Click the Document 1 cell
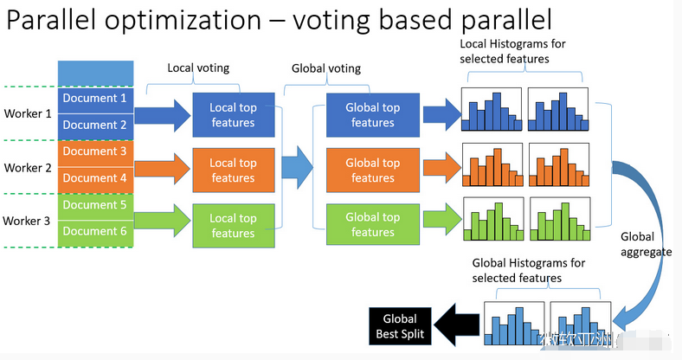tap(95, 99)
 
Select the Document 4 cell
tap(95, 178)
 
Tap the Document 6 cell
tap(95, 232)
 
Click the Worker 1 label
tap(28, 113)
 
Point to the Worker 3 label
tap(28, 221)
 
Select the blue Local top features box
tap(233, 115)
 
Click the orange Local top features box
tap(233, 170)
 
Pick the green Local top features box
tap(233, 226)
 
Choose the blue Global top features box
tap(373, 115)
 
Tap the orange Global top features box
tap(373, 170)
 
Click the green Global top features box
tap(373, 225)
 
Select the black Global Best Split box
tap(399, 326)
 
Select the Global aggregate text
tap(643, 243)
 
